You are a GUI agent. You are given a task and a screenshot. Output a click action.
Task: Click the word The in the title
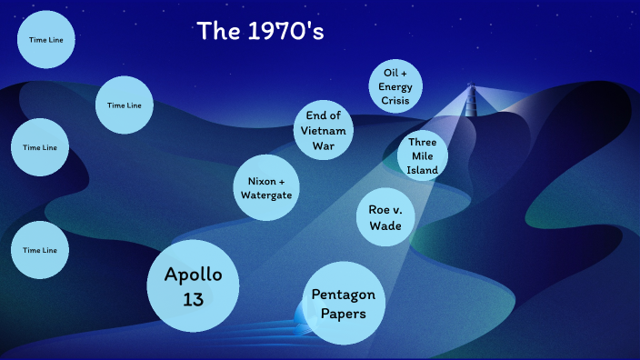click(x=217, y=32)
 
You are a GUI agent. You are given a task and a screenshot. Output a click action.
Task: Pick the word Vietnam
click(x=323, y=130)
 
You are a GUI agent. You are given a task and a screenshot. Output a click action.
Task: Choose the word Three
click(x=423, y=143)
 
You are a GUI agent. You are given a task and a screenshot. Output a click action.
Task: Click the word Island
click(x=423, y=170)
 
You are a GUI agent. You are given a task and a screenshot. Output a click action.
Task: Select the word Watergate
click(x=265, y=195)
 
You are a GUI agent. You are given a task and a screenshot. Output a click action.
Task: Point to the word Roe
click(x=381, y=210)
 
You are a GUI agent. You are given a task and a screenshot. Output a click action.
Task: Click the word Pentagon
click(x=343, y=295)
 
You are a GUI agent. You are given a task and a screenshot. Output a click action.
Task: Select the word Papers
click(x=343, y=314)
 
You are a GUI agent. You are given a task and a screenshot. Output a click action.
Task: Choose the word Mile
click(x=423, y=156)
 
